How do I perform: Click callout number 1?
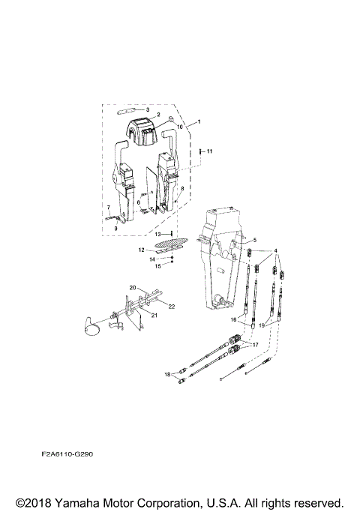[199, 121]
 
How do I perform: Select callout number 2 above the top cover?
[158, 115]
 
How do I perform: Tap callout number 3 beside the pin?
[148, 109]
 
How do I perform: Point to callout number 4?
[275, 250]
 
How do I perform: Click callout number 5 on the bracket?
[254, 240]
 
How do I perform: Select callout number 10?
[180, 127]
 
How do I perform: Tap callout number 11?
[210, 152]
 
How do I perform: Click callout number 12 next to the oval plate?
[141, 249]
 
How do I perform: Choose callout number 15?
[158, 265]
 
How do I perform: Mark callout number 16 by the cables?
[233, 319]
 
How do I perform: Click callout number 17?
[254, 344]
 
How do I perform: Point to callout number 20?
[133, 288]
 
